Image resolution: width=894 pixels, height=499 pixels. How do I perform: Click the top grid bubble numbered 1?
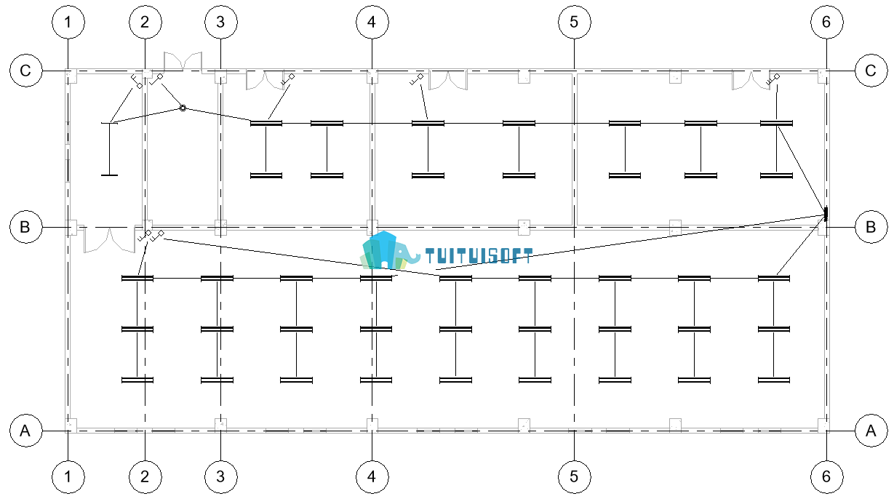pos(68,22)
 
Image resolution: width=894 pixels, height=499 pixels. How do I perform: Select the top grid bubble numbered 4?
pos(372,22)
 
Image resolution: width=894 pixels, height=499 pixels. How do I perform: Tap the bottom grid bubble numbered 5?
pos(575,476)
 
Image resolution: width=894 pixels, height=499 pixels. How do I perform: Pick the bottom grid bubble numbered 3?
pos(221,476)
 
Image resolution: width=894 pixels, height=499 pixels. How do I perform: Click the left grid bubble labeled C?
pos(26,71)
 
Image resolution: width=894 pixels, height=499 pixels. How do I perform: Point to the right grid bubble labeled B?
pos(871,227)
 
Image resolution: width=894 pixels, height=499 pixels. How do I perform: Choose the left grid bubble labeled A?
pos(26,431)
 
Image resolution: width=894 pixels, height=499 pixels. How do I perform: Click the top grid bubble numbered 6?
pos(827,22)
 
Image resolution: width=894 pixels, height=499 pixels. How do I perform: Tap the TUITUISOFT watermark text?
pos(479,256)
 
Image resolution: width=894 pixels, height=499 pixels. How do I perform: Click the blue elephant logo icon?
pos(389,250)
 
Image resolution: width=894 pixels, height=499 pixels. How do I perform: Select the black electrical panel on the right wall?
pos(826,214)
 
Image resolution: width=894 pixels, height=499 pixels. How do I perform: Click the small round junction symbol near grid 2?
pos(183,108)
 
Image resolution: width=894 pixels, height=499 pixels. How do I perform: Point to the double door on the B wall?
pos(109,240)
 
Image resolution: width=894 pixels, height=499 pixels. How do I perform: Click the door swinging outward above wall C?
pos(183,61)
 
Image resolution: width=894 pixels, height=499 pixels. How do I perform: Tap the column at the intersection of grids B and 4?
pos(372,227)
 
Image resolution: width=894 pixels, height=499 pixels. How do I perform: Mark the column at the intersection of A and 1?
pos(71,426)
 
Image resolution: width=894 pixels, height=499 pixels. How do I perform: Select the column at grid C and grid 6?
pos(823,76)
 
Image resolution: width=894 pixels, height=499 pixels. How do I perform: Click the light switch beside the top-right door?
pos(773,79)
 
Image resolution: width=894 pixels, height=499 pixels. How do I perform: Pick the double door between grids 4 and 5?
pos(448,80)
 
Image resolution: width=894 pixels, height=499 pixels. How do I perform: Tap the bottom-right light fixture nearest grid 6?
pos(774,380)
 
